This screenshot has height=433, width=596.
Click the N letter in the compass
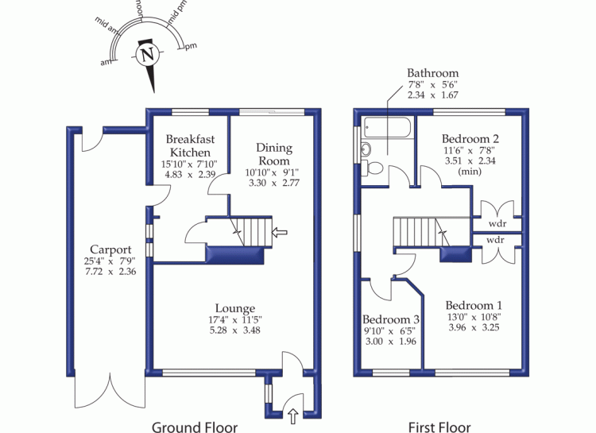pyautogui.click(x=145, y=56)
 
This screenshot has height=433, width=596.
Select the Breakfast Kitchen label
pyautogui.click(x=188, y=145)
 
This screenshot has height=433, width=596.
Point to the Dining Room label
pyautogui.click(x=274, y=153)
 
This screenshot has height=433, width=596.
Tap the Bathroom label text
pyautogui.click(x=433, y=73)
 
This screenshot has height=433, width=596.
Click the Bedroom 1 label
pyautogui.click(x=474, y=305)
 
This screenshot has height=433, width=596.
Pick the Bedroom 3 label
pyautogui.click(x=390, y=319)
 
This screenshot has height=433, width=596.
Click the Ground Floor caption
pyautogui.click(x=195, y=427)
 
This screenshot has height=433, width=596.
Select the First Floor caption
pyautogui.click(x=439, y=427)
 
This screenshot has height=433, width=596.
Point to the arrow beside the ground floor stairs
pyautogui.click(x=279, y=232)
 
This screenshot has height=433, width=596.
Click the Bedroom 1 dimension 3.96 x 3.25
pyautogui.click(x=474, y=327)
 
